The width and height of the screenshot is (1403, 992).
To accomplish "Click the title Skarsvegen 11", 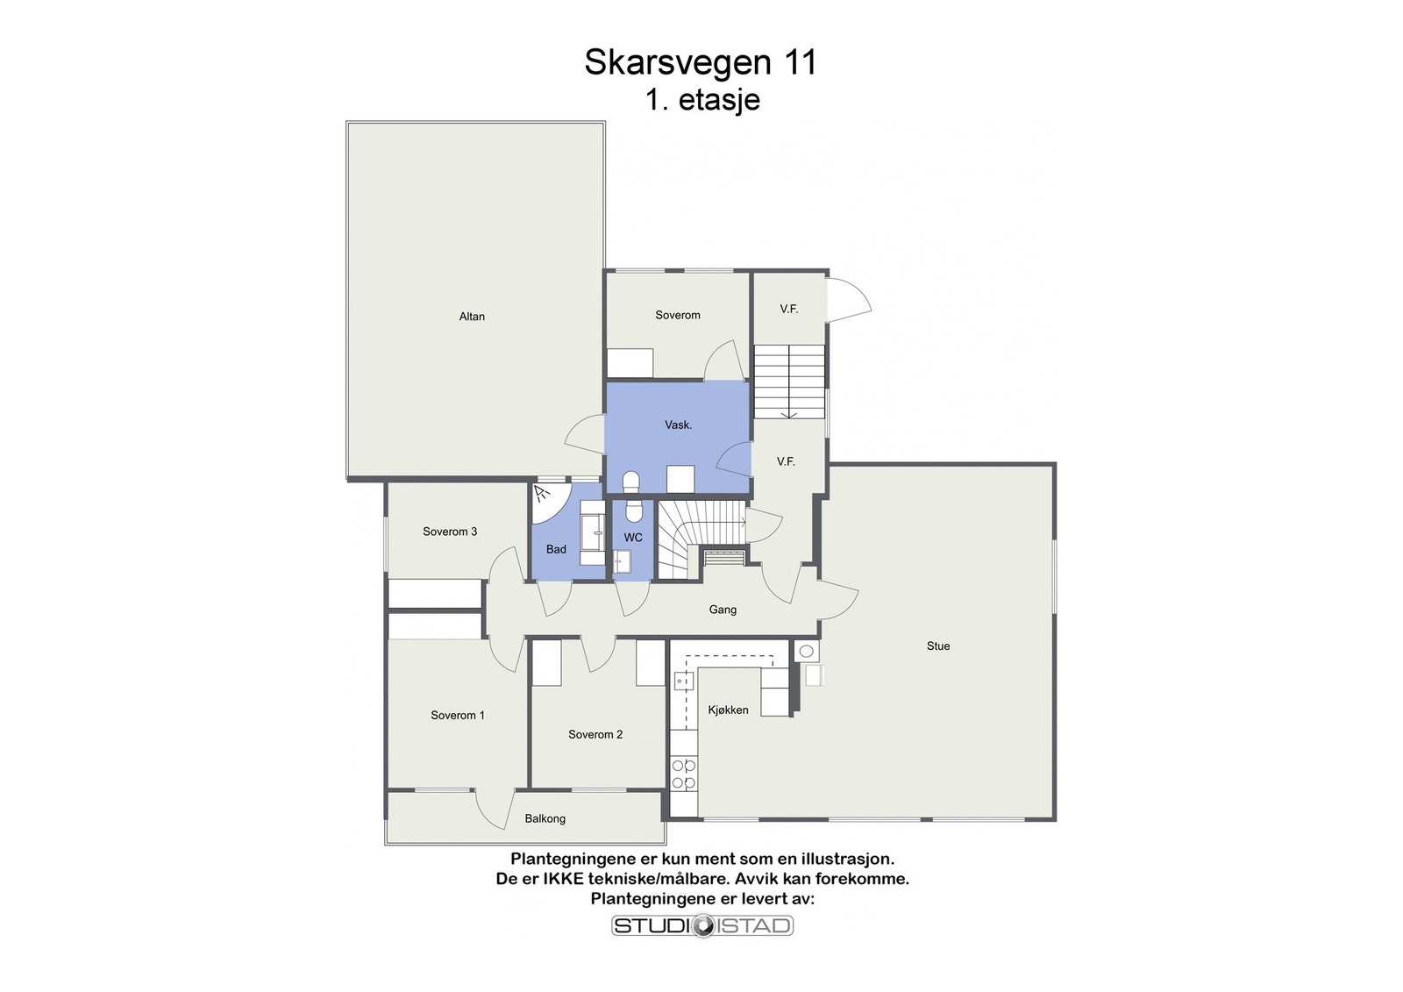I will click(x=700, y=62).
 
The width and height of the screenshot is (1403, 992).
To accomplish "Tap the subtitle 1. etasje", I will click(x=701, y=100).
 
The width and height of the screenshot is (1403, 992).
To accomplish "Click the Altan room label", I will click(x=472, y=317).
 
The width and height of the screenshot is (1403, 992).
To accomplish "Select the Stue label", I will click(x=937, y=646).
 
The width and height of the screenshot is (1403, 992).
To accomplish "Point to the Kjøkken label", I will click(x=728, y=710).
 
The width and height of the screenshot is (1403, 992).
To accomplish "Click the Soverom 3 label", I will click(x=450, y=532).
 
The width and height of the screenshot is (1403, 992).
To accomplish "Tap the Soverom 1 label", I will click(x=457, y=716).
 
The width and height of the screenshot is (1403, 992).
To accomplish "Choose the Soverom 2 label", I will click(x=595, y=735).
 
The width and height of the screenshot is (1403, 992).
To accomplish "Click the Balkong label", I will click(x=545, y=819).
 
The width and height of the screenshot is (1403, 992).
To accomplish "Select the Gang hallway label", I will click(x=723, y=610).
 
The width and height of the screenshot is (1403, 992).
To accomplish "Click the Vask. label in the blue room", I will click(x=678, y=425).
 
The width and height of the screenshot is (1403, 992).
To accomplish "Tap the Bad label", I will click(x=556, y=550).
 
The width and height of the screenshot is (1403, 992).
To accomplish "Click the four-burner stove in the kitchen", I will click(x=683, y=774).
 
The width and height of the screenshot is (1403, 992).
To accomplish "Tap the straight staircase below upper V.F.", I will click(x=789, y=381).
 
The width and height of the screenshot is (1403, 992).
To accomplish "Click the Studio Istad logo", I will click(x=701, y=925).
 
